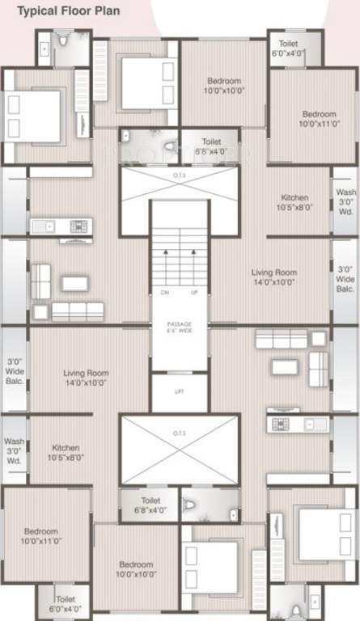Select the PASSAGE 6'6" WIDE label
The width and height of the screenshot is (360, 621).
[x=179, y=327]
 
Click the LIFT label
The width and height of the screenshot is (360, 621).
[x=180, y=391]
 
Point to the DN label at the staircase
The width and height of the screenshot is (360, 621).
[x=165, y=292]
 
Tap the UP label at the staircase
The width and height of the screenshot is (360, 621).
[x=194, y=292]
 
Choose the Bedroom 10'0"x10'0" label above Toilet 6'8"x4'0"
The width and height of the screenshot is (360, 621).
[x=223, y=86]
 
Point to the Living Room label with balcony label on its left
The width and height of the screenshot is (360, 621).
[x=86, y=378]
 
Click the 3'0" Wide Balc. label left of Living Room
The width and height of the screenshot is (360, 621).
[x=15, y=371]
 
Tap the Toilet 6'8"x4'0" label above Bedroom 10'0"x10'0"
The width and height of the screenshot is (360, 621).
[x=150, y=505]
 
